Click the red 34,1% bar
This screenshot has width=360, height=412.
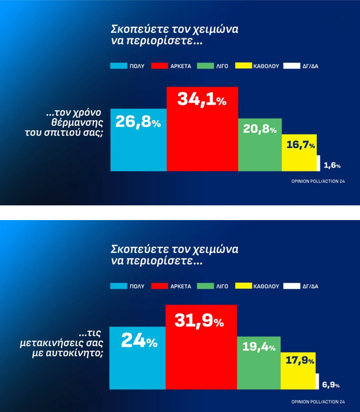click(202, 129)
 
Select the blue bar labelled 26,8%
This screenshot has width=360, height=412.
click(139, 140)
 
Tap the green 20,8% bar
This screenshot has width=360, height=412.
click(260, 145)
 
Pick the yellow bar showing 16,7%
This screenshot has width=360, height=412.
click(299, 152)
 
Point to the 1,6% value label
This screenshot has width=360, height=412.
click(332, 165)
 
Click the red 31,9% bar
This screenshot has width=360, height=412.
click(202, 347)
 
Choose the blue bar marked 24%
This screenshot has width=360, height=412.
click(138, 358)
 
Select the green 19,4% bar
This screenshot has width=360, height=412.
click(259, 363)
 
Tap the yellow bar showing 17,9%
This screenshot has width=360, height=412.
click(298, 371)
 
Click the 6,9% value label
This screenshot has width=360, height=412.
click(331, 385)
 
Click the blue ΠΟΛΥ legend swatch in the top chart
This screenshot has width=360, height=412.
click(119, 66)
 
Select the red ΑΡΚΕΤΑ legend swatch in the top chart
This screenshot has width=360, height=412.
click(160, 66)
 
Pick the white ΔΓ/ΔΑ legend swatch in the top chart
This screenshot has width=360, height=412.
click(292, 66)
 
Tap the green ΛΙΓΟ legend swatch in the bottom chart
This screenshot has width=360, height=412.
click(205, 286)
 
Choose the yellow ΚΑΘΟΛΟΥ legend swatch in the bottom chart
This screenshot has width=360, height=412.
click(244, 286)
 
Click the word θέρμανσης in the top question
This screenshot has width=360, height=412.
click(77, 123)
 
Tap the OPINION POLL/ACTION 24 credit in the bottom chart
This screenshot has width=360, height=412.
click(318, 402)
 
